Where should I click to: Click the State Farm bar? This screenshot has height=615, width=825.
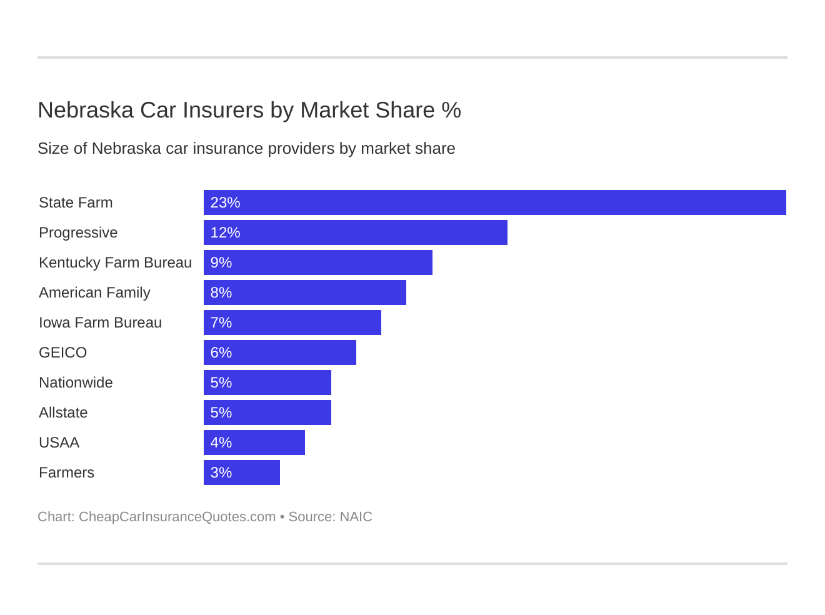tap(494, 202)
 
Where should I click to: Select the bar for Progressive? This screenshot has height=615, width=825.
tap(355, 232)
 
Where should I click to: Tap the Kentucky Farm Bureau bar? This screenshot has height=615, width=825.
tap(317, 262)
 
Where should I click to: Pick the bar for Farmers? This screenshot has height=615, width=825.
tap(241, 472)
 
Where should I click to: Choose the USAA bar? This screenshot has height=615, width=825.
tap(254, 442)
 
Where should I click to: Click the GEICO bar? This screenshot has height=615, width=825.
tap(279, 352)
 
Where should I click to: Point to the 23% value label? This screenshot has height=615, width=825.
tap(225, 202)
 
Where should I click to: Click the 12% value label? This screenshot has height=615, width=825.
tap(225, 232)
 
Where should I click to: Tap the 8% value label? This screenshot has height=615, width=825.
tap(221, 292)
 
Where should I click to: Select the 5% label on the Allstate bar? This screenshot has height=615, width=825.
tap(221, 412)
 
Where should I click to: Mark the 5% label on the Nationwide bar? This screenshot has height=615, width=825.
tap(221, 382)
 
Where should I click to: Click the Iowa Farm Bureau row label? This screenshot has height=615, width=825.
tap(100, 322)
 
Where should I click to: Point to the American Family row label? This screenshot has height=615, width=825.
tap(94, 292)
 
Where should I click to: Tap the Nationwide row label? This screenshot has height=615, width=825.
tap(76, 382)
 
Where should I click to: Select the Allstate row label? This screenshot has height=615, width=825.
tap(63, 412)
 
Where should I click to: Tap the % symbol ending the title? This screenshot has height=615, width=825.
tap(451, 110)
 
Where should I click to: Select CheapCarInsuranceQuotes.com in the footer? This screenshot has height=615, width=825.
tap(177, 517)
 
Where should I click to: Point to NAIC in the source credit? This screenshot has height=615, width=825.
tap(356, 517)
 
